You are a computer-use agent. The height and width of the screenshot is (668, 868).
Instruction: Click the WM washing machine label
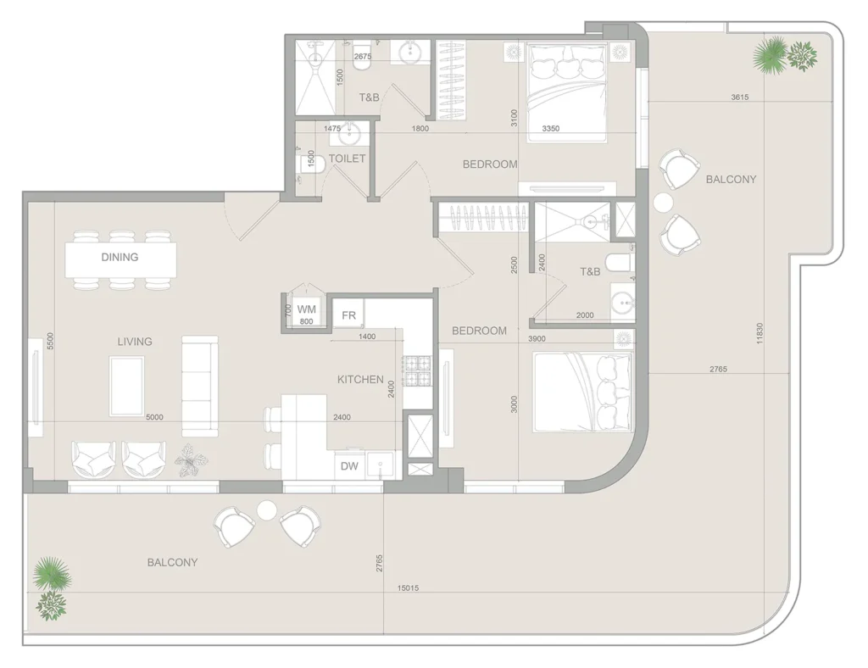306,309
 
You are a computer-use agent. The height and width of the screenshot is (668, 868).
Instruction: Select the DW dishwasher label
349,466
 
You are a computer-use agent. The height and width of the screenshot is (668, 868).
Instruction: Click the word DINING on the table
120,257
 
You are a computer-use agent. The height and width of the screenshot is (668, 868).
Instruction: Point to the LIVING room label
135,342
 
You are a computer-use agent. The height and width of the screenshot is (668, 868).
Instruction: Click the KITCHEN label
360,379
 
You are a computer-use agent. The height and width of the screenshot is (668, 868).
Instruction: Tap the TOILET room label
347,159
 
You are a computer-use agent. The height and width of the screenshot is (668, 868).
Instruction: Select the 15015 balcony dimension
408,587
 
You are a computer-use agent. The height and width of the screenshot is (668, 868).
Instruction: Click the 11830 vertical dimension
759,334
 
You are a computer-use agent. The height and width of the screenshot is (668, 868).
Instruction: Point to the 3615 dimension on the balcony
739,97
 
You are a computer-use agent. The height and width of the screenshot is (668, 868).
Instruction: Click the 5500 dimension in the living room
50,341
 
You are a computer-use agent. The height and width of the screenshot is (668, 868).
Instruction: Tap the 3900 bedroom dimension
537,339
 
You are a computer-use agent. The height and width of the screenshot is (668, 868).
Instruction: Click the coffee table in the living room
127,387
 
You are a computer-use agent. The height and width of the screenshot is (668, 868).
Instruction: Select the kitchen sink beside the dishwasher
381,464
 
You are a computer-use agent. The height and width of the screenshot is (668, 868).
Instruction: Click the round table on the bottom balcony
267,509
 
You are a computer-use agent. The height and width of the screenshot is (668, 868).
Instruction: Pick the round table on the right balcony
663,203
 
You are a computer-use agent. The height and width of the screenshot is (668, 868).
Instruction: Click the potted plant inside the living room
191,460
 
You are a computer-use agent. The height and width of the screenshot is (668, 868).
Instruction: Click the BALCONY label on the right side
731,180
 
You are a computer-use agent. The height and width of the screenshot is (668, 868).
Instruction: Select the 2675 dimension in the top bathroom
363,57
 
